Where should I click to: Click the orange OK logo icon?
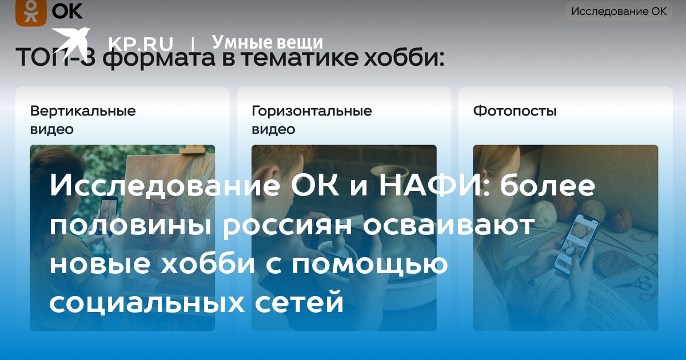pos(31,12)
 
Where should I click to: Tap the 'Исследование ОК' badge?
pos(619,11)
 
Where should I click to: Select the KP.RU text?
pos(141,44)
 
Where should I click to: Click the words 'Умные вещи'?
pos(268,42)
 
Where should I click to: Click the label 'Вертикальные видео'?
pos(83,119)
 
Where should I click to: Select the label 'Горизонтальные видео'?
pos(312,119)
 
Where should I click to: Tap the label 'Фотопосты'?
pos(515,111)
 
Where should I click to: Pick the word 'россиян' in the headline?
pos(287,226)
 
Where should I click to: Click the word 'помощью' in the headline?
pos(370,264)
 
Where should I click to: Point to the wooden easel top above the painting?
pos(192,149)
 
